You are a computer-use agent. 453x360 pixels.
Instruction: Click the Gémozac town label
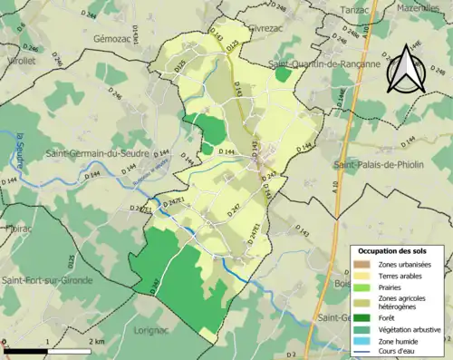[116, 41]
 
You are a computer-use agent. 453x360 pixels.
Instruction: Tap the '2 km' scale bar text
[97, 340]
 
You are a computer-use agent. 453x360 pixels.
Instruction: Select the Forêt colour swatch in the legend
[364, 317]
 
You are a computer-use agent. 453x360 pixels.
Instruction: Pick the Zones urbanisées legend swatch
[364, 264]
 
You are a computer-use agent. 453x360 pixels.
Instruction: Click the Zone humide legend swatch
[364, 342]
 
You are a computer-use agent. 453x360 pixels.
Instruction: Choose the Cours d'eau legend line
[364, 354]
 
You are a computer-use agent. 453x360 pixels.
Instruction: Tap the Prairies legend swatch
[364, 287]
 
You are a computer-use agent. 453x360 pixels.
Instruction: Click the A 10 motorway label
[334, 189]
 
